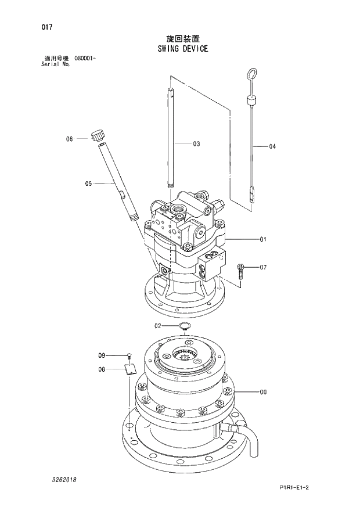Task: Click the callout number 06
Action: coord(69,139)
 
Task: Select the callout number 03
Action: coord(196,143)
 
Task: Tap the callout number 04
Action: coord(272,146)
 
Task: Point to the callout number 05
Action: coord(89,184)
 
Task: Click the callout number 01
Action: coord(263,239)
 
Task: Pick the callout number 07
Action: coord(263,268)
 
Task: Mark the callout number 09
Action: coord(101,355)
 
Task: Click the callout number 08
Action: coord(101,369)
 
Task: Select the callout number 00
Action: coord(263,392)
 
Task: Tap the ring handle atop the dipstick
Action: coord(251,74)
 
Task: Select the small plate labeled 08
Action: coord(130,368)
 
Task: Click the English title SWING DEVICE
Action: coord(182,49)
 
